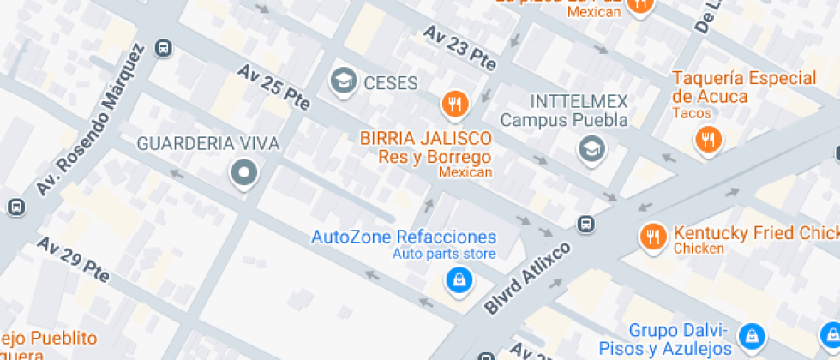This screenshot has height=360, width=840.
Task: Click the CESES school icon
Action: coord(345,82)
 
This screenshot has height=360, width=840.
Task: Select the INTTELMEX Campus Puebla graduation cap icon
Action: coord(591,149)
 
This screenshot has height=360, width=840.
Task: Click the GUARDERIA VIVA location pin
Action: coord(244,174)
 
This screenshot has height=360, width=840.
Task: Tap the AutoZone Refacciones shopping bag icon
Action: coord(459,279)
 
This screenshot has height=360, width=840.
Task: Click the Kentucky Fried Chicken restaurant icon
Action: coord(653,237)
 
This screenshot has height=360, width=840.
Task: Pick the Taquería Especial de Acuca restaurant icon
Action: coord(708,139)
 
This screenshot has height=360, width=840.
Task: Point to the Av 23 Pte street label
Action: coord(459,48)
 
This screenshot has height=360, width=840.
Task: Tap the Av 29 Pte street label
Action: coord(73,259)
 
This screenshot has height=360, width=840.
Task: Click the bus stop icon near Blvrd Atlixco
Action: coord(587,224)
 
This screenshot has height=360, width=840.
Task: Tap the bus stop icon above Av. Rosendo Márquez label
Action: coord(163,48)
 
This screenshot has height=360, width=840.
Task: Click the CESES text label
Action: coord(390,83)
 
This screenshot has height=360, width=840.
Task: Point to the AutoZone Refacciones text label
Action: coord(403,237)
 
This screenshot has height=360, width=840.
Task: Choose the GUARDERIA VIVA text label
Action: coord(208,143)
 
